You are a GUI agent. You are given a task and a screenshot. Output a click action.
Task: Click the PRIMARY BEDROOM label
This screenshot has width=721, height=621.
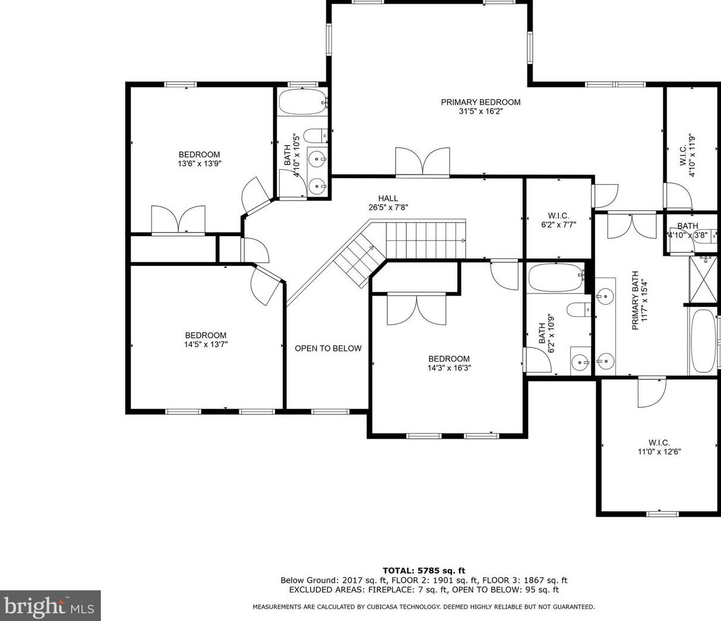coord(480,102)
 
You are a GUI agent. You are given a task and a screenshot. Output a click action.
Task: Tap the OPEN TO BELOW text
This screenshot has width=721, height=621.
coord(328,348)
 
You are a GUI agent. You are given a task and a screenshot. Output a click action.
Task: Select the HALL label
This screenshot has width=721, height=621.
coord(388,198)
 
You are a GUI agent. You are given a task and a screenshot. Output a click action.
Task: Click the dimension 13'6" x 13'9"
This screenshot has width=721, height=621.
coord(200,163)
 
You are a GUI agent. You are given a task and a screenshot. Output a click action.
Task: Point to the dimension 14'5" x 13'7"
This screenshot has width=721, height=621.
coord(205,344)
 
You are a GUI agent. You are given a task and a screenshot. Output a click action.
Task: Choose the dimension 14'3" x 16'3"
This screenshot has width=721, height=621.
coord(449,367)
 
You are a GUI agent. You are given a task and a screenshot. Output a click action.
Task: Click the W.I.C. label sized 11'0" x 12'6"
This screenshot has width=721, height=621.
coord(659,442)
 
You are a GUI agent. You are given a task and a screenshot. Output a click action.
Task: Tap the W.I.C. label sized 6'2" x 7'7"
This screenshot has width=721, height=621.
coord(558,216)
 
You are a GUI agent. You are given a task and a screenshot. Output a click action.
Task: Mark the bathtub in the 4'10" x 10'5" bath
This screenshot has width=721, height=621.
coord(303,103)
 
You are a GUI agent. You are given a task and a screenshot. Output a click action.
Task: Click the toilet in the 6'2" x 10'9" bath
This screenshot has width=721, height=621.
coord(579,309)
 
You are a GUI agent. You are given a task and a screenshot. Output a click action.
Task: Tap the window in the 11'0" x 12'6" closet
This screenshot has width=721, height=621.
coord(662,513)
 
